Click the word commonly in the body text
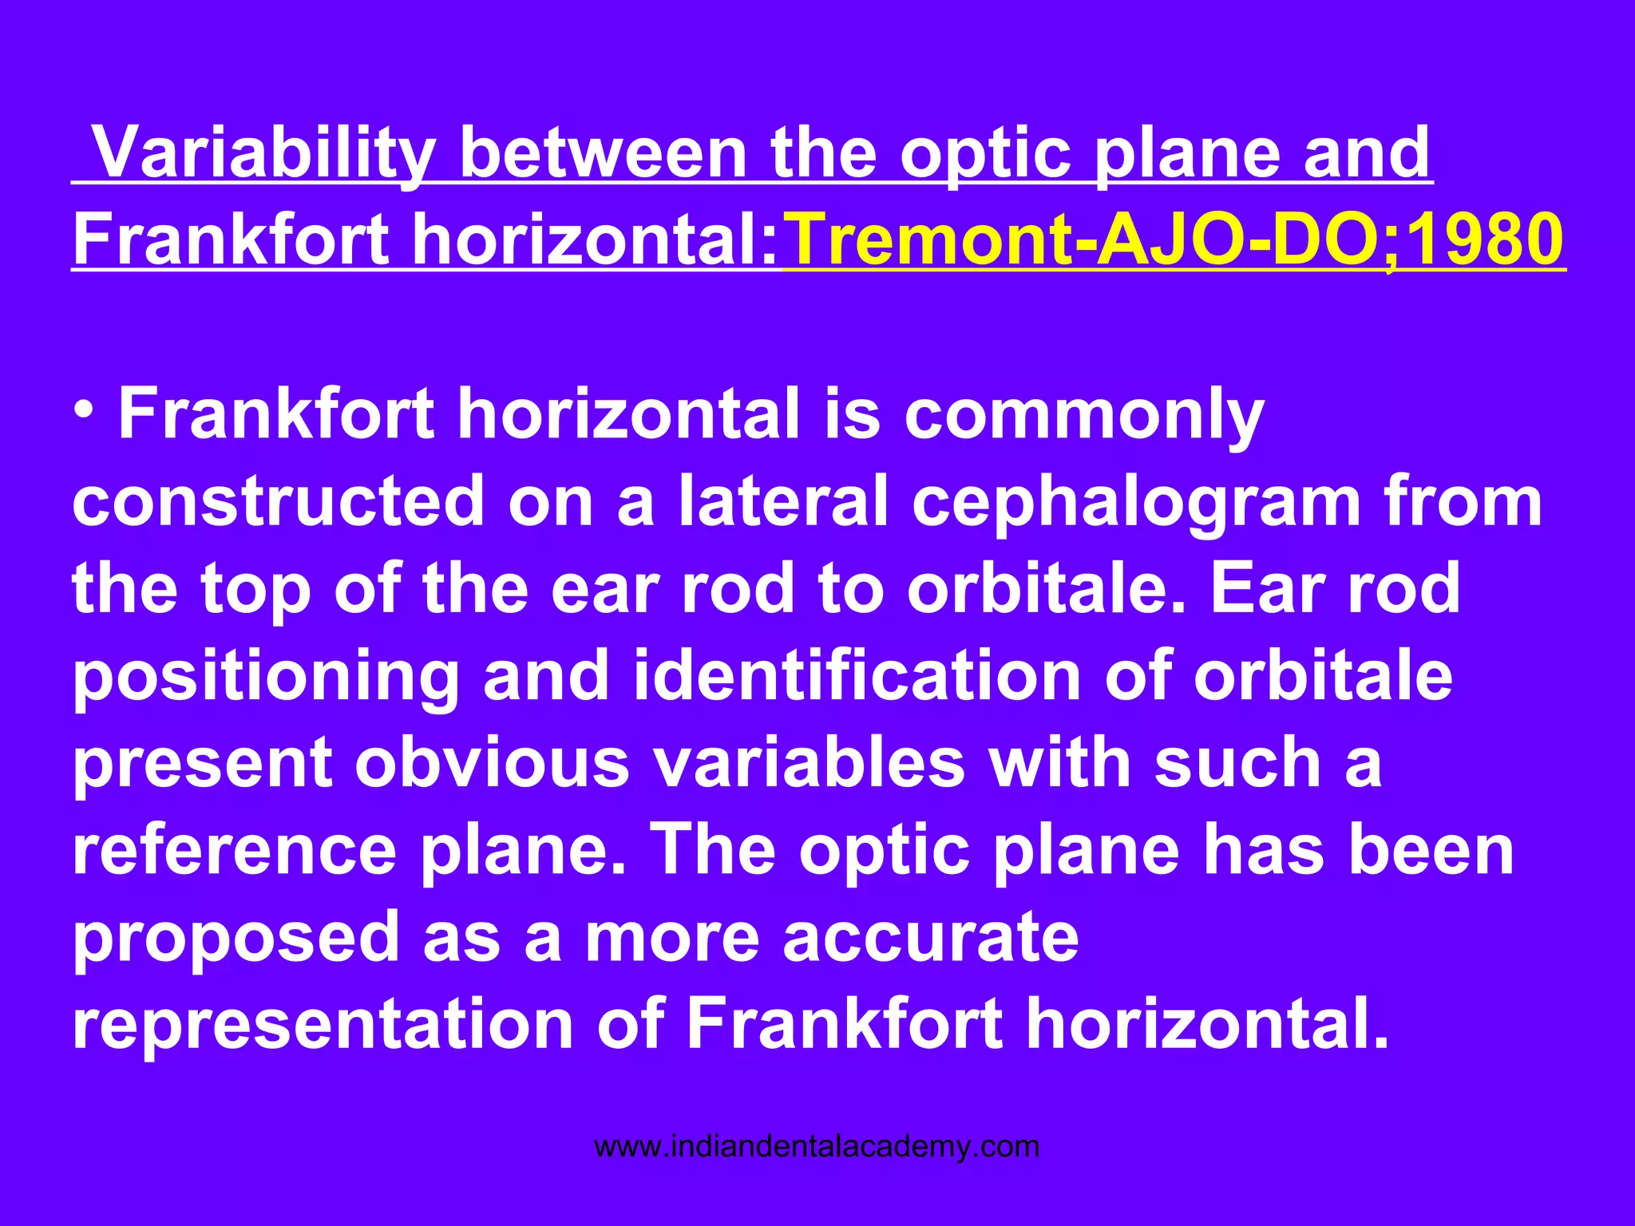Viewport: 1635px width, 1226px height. point(1083,415)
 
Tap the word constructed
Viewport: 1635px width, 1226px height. point(279,502)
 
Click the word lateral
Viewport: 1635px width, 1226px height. point(783,502)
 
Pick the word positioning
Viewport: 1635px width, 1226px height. point(266,676)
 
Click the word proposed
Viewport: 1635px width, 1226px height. point(236,938)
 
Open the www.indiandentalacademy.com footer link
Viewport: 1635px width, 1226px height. point(817,1147)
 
